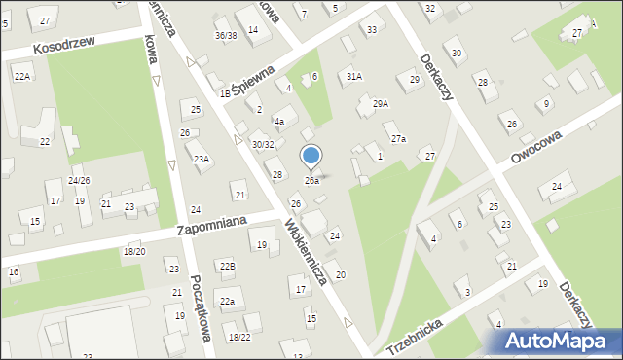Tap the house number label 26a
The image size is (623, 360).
[x=311, y=181]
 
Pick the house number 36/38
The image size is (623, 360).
[x=226, y=36]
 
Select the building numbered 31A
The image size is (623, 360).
[x=354, y=76]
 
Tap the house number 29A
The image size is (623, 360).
[x=380, y=103]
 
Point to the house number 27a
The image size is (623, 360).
[x=398, y=139]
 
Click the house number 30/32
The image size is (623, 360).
[x=263, y=144]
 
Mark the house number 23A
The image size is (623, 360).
[x=202, y=159]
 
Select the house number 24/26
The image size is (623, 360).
[x=79, y=181]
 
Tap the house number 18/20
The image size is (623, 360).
[x=134, y=252]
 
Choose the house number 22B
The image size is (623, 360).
[x=227, y=266]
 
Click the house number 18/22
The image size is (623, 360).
[x=238, y=337]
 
